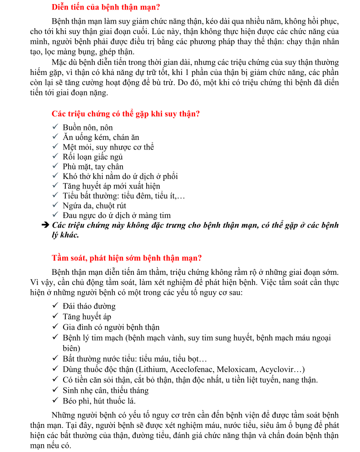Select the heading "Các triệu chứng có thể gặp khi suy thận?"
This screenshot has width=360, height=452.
pos(126,114)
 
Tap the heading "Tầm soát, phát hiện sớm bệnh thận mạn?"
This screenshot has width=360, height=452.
pos(127,258)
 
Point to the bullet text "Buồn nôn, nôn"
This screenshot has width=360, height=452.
pos(88,128)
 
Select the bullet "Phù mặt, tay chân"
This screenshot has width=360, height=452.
pos(93,167)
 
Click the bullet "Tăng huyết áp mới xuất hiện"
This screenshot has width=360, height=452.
pos(111,186)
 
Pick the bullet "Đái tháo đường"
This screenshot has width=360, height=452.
pos(89,306)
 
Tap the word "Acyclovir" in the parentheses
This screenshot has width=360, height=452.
pos(276,369)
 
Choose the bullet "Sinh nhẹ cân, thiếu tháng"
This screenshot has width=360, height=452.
pos(106,390)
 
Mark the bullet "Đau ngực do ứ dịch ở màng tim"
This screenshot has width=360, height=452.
pos(117,216)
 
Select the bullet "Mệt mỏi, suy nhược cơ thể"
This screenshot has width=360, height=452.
pos(108,147)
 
